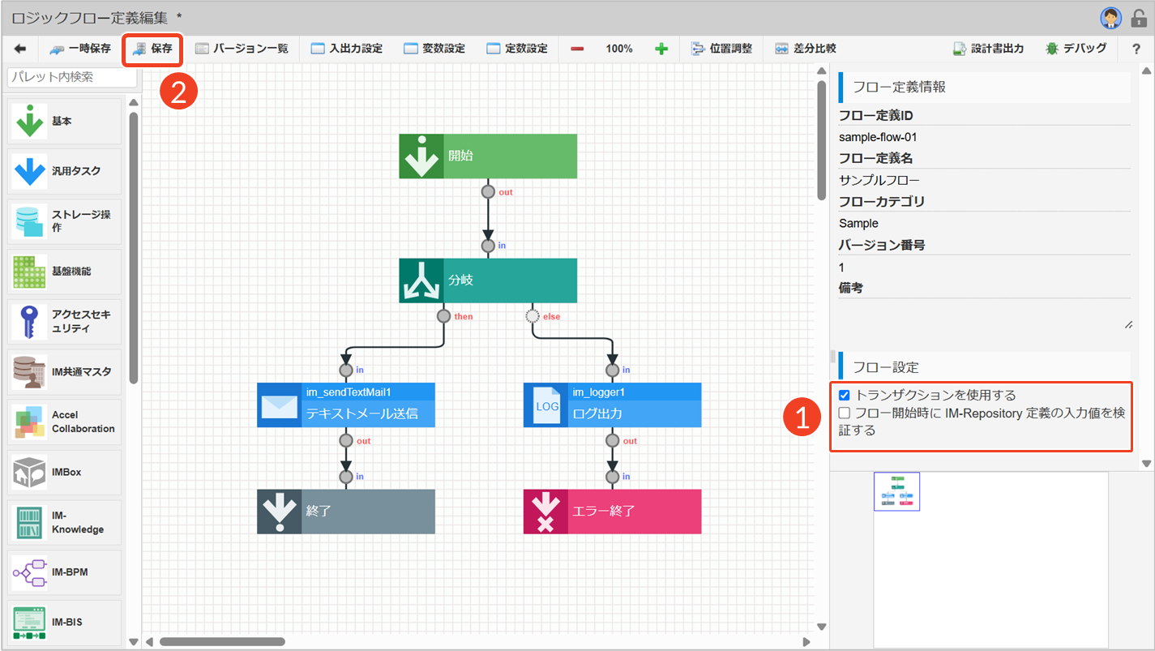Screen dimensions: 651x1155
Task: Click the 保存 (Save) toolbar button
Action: tap(152, 49)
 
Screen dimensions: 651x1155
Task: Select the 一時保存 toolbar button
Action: tap(79, 49)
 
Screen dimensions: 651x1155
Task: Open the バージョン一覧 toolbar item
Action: tap(242, 49)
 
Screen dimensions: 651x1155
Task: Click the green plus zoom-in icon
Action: tap(661, 49)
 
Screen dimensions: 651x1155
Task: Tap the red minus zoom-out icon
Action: tap(577, 49)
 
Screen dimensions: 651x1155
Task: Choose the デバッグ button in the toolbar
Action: tap(1076, 49)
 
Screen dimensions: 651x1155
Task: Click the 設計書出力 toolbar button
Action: tap(988, 49)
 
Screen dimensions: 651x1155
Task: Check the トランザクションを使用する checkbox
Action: tap(845, 396)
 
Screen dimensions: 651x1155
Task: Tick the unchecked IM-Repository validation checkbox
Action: tap(845, 413)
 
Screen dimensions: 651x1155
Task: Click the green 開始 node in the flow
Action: tap(487, 156)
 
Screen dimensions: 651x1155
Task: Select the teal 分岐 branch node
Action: tap(487, 281)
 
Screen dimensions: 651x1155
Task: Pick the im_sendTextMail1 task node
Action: tap(346, 405)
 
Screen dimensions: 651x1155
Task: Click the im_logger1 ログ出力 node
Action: tap(612, 405)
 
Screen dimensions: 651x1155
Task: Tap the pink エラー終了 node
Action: tap(612, 512)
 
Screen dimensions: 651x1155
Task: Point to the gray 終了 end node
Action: tap(346, 512)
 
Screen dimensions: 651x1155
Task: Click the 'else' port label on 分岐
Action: tap(551, 317)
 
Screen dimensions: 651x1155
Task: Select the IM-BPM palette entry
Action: tap(64, 572)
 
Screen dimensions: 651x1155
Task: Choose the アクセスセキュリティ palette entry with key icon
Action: tap(64, 321)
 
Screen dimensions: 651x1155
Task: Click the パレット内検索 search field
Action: tap(71, 77)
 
